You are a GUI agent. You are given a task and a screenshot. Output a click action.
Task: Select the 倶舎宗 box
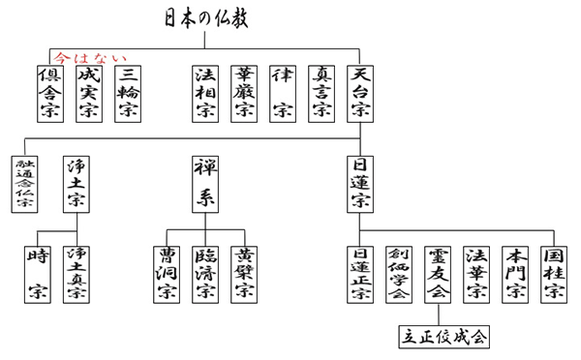click(x=50, y=94)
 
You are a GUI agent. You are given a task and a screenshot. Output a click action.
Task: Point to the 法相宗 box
click(x=205, y=94)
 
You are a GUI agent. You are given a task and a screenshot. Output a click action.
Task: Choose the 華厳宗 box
click(x=244, y=94)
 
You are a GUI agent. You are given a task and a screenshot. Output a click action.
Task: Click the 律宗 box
click(x=283, y=94)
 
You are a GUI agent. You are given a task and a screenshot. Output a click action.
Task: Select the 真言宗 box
click(x=321, y=94)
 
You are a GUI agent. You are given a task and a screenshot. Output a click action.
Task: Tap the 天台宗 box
click(x=360, y=94)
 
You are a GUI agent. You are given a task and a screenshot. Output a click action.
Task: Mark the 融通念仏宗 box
click(x=23, y=184)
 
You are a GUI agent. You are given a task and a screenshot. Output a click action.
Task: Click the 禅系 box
click(x=205, y=184)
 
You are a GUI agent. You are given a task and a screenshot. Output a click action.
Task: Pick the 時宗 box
click(x=40, y=273)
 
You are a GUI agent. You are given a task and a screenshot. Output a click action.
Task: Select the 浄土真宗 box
click(x=78, y=273)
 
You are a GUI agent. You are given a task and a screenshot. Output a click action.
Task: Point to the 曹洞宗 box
click(x=167, y=273)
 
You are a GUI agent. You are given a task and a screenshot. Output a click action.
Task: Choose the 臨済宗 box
click(x=205, y=273)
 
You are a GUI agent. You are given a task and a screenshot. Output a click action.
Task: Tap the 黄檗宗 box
click(x=244, y=273)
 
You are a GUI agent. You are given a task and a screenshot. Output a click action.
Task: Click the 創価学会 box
click(x=399, y=273)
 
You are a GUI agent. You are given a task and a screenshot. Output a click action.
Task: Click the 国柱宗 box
click(x=554, y=273)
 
